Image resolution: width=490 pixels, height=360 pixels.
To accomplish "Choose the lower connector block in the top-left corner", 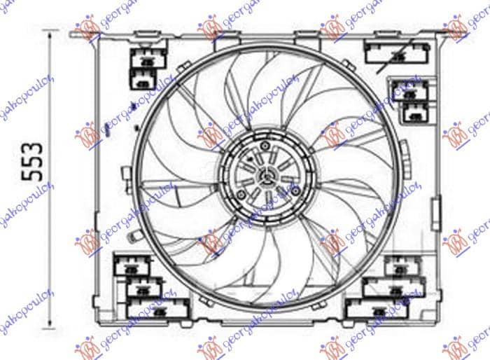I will pos(143,83).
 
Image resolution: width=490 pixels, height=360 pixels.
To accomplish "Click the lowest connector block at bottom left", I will pos(157,308).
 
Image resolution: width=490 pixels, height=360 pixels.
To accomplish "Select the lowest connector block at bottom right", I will pos(372,308).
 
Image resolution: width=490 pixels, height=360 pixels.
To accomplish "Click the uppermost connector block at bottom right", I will pos(400,265).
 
